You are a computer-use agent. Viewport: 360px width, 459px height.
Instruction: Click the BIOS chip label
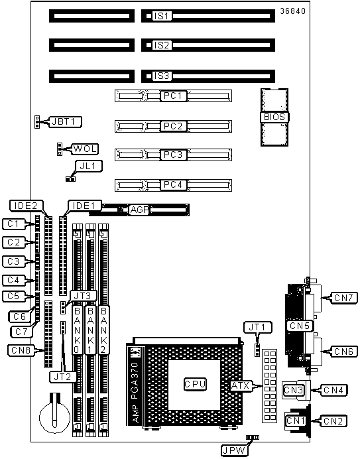coord(274,117)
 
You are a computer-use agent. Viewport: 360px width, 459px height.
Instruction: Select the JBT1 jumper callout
coord(66,121)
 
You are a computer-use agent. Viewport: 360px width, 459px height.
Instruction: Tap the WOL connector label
coord(85,149)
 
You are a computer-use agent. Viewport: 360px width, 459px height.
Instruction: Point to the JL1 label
coord(88,166)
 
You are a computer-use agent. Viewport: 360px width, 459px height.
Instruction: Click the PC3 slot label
coord(173,155)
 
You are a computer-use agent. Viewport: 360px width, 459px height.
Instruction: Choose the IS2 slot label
coord(162,45)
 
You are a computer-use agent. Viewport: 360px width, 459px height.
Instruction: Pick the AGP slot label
coord(139,210)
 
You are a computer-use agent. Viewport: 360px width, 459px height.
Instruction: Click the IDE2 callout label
coord(26,206)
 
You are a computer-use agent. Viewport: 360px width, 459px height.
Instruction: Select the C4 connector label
coord(13,280)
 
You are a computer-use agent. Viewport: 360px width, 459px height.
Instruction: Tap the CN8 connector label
coord(21,350)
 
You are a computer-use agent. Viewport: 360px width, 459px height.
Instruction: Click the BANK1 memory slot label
coord(90,330)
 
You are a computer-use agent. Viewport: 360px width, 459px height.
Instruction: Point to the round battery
coord(55,417)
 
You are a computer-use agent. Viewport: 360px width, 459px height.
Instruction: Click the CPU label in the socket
coord(195,384)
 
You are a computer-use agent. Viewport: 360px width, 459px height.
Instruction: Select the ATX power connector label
coord(240,386)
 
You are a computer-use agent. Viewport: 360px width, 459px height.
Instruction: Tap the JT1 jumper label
coord(257,327)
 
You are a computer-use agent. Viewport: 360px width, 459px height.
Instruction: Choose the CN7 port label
coord(343,298)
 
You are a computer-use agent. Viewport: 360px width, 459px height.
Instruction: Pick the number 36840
coord(292,11)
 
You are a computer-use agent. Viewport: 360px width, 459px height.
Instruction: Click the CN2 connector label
coord(333,421)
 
